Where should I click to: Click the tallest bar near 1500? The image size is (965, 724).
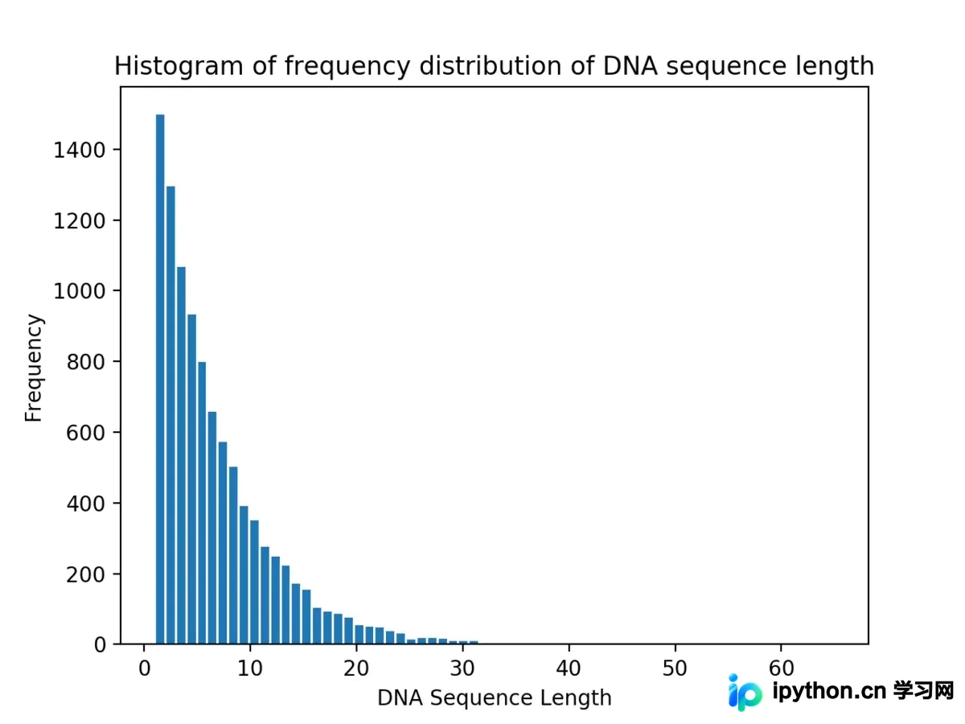(160, 379)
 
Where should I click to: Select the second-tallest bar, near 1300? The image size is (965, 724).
(170, 415)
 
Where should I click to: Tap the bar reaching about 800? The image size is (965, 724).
(202, 503)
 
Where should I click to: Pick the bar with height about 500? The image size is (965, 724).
(233, 555)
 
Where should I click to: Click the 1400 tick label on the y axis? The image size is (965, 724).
(79, 150)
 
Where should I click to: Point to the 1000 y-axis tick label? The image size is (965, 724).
(79, 291)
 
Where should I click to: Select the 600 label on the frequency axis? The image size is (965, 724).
(86, 433)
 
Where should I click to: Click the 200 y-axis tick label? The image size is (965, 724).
(86, 574)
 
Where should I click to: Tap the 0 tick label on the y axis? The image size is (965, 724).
(100, 645)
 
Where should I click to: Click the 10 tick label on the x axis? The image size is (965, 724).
(250, 668)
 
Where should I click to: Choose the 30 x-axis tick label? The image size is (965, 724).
(462, 668)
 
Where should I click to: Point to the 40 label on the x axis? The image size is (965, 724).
(569, 668)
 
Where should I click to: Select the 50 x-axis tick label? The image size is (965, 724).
(675, 668)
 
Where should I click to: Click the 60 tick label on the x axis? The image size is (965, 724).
(781, 668)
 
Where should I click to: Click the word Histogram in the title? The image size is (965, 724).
(179, 67)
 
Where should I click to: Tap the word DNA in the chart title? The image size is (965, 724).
(630, 66)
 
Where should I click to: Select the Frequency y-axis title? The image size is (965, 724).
(34, 368)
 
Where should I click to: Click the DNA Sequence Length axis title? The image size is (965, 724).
(495, 698)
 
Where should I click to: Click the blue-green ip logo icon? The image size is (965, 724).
(745, 693)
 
